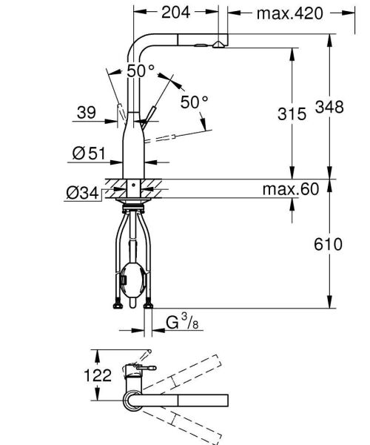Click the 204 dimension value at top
coord(175,12)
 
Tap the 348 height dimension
coord(329,108)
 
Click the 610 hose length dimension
coord(329,245)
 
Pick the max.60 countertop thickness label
coord(289,190)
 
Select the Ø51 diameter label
coord(87,154)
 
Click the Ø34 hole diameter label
coord(82,193)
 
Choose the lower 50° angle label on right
coord(194,103)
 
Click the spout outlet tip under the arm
coord(216,47)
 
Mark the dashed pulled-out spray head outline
coord(175,138)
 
